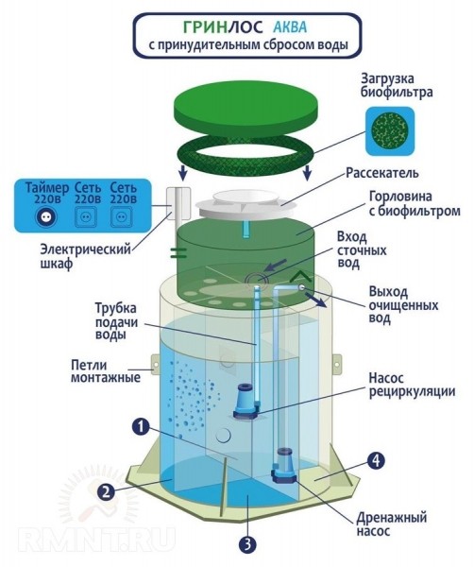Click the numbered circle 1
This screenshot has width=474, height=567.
141,427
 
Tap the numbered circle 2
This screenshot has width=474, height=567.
106,491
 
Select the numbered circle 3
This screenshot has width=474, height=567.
247,544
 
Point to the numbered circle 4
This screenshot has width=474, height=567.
376,460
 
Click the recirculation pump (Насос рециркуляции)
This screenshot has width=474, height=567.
245,402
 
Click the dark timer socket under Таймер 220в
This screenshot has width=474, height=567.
46,216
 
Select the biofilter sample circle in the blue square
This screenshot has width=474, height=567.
390,131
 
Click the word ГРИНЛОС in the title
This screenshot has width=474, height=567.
223,27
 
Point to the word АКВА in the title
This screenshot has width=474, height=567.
290,27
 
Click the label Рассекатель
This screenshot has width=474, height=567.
382,173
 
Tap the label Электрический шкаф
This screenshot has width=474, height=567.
85,256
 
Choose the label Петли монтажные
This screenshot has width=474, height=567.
105,371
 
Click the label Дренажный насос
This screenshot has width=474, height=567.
392,524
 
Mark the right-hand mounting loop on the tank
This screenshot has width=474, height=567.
337,365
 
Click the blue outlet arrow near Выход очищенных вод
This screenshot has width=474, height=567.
316,300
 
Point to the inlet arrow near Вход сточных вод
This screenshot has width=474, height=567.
276,265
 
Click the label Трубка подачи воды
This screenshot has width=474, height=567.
116,321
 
